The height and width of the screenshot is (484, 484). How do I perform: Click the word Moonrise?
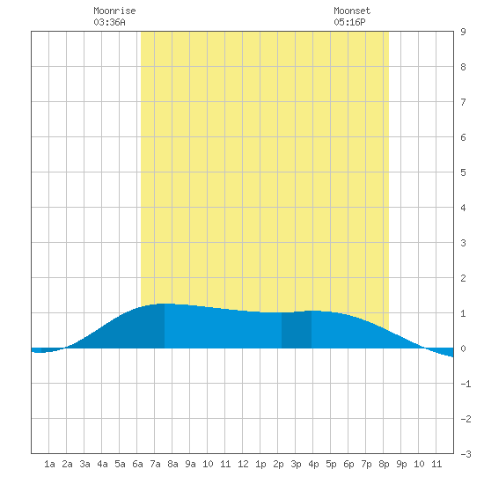[114, 11]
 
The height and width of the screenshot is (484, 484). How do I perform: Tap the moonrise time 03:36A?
[110, 22]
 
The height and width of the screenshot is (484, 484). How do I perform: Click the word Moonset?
[352, 11]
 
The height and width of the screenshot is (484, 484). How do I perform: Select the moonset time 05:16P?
[349, 22]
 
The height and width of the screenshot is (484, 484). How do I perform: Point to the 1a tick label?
[49, 464]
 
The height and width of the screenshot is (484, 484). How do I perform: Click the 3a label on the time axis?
[84, 464]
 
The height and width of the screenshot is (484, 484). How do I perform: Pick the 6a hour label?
[137, 464]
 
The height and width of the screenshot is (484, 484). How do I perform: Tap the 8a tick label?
[172, 464]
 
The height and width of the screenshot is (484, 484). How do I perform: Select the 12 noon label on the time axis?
[243, 464]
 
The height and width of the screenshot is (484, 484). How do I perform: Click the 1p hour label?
[260, 464]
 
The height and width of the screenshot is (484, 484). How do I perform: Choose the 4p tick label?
[313, 464]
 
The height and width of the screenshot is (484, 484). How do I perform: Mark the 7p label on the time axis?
[366, 464]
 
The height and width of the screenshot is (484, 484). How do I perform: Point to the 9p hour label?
[401, 464]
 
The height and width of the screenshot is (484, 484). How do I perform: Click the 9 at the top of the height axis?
[463, 32]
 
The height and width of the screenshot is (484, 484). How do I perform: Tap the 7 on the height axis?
[463, 102]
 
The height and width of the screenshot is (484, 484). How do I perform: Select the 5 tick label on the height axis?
[463, 172]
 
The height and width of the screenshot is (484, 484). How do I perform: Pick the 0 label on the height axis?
[463, 348]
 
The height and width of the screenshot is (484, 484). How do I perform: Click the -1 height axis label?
[466, 384]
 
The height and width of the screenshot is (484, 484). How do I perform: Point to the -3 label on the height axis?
[466, 454]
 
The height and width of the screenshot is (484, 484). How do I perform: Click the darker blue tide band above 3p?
[297, 330]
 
